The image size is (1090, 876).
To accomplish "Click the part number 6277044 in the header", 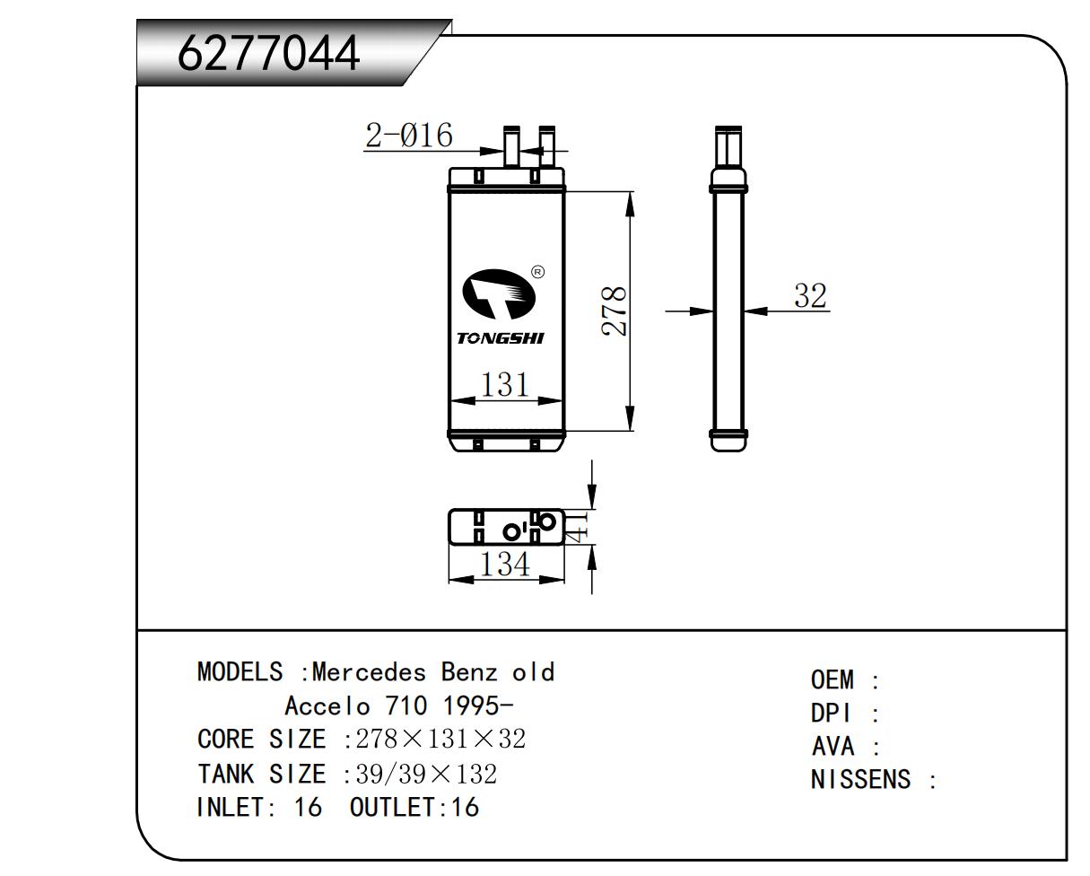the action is coord(268,53).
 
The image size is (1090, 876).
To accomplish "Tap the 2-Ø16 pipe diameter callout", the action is coord(409,136).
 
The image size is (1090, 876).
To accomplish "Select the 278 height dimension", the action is coord(614,311).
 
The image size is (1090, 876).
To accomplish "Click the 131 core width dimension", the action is coord(505,385).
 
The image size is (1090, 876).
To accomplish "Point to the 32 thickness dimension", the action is coord(810,295).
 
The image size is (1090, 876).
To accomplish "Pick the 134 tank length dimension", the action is coord(505,565).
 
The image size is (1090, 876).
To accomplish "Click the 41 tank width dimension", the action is coord(578,527).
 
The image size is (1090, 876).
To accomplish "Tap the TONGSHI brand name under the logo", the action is coord(501,338).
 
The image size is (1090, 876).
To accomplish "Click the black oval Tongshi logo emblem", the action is coord(499,294).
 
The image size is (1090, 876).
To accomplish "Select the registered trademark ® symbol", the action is coord(538,272).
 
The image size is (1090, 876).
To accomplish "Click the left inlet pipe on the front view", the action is coord(511,146).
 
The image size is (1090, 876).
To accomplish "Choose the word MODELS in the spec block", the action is coord(240,672).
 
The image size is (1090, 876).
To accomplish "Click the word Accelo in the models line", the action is coord(327,705).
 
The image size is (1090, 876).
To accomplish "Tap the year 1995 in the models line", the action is coord(471,705).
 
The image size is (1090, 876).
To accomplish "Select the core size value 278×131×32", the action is coord(440,740).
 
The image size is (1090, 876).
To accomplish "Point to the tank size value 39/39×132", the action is coord(426,774).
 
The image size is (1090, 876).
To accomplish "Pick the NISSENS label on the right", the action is coord(860,780).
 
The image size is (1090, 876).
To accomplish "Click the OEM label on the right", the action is coord(833,679).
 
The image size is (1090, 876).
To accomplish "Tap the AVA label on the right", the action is coord(833,746).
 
